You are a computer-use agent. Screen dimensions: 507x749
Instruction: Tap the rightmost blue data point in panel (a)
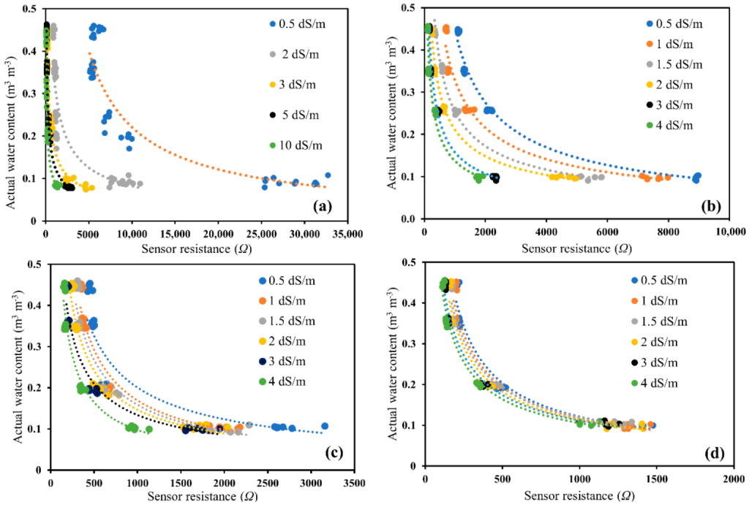pyautogui.click(x=328, y=175)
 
